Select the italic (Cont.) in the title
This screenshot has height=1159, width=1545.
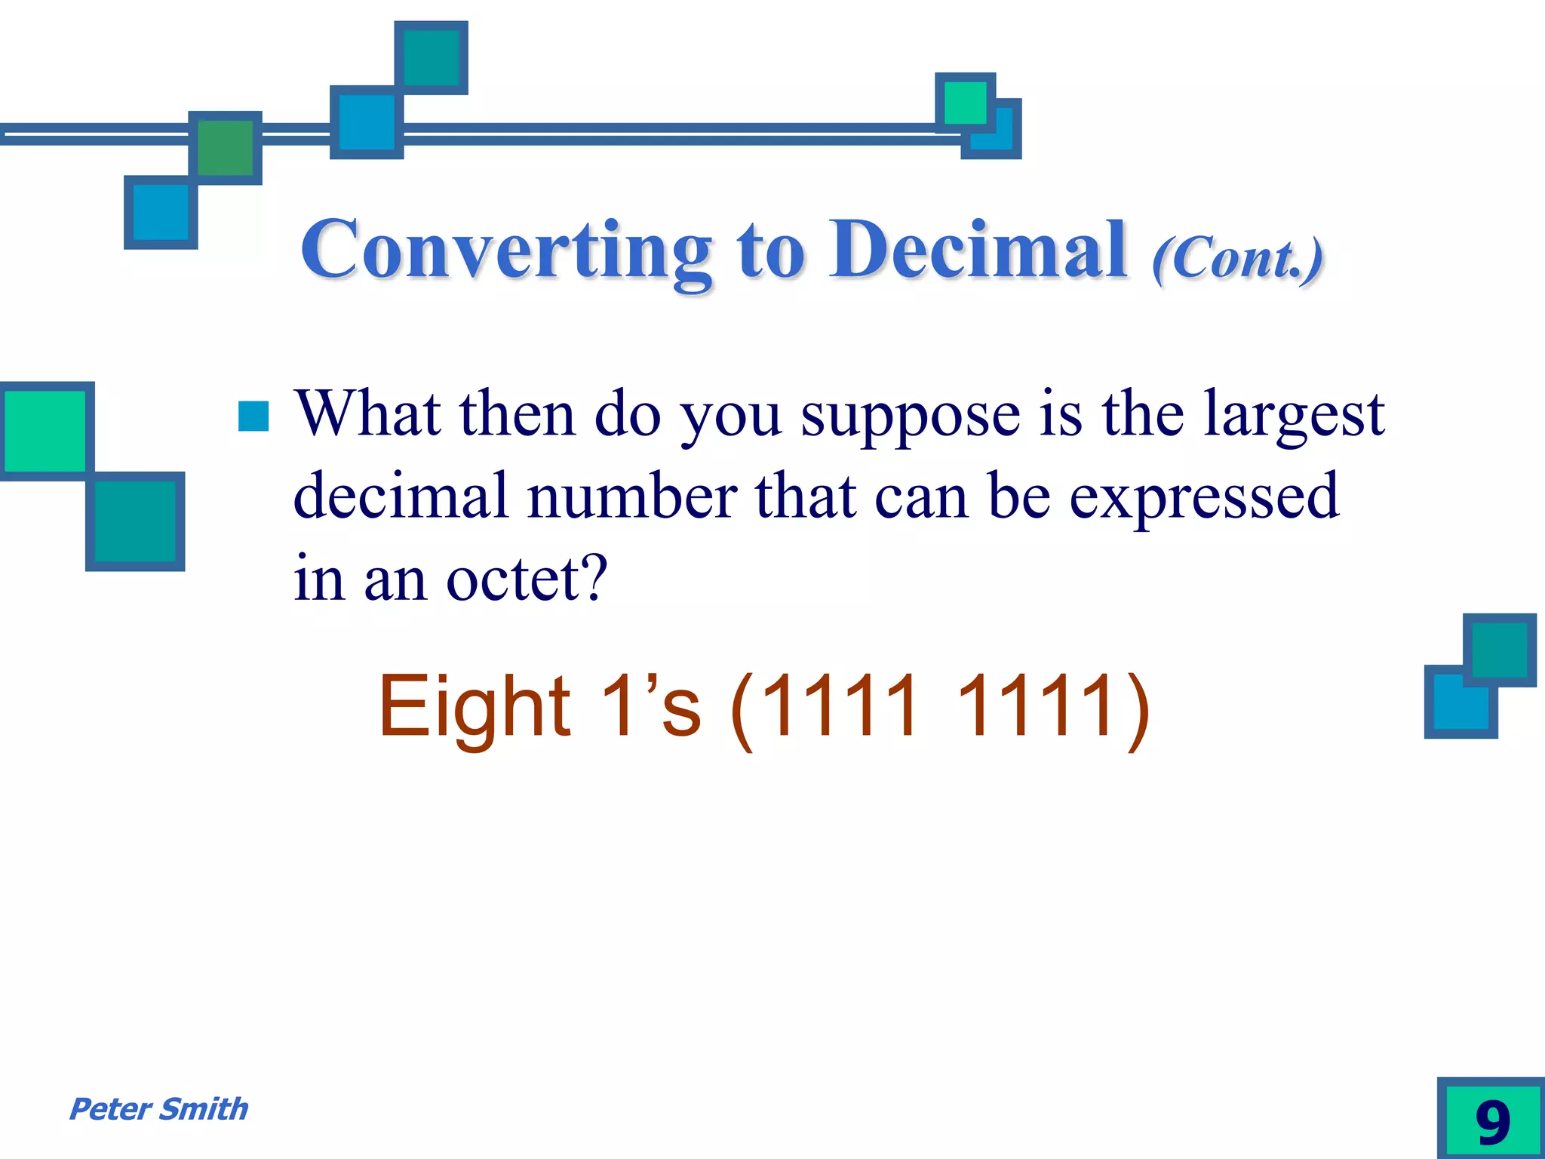click(1237, 258)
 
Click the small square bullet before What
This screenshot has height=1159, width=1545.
click(253, 416)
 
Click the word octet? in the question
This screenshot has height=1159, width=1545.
click(526, 579)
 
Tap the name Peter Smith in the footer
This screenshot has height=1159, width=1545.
click(158, 1109)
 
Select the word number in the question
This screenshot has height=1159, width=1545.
click(632, 497)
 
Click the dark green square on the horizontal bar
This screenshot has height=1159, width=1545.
click(225, 148)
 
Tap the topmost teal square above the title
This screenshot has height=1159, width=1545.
click(431, 57)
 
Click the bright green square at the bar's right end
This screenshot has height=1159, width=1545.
click(964, 103)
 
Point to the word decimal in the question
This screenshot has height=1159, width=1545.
click(400, 497)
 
